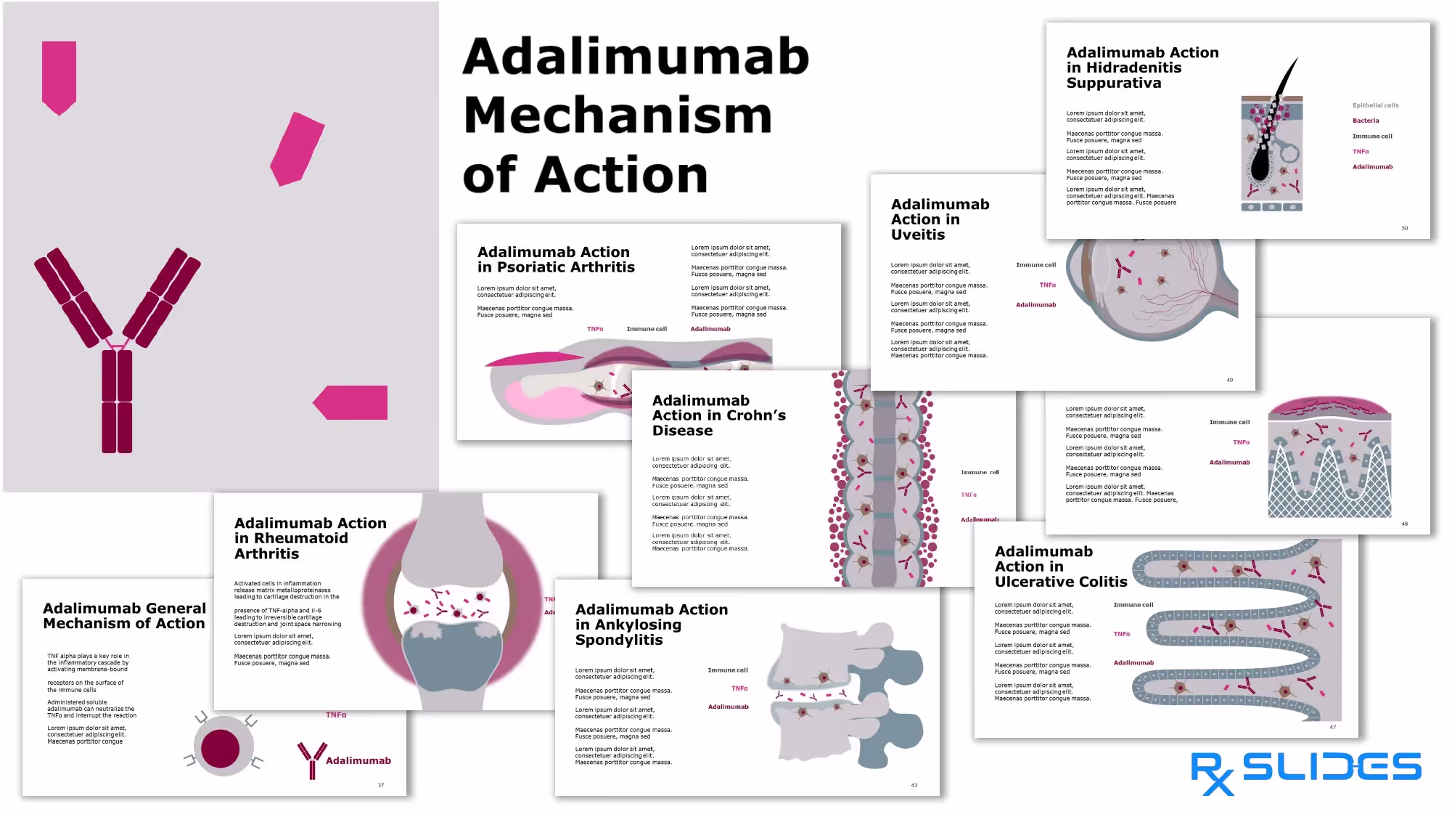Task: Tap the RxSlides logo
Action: point(1305,771)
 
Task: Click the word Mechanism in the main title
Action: point(618,116)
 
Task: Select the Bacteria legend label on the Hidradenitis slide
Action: point(1365,121)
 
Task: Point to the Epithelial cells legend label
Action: point(1375,105)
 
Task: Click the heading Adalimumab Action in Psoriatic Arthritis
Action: point(555,259)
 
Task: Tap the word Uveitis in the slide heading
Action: point(918,235)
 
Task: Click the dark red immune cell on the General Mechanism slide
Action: point(221,749)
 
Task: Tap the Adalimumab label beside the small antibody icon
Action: point(358,760)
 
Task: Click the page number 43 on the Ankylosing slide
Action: point(914,785)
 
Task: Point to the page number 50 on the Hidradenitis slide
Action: point(1404,228)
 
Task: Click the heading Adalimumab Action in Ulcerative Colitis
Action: point(1060,566)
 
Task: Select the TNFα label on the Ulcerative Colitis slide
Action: point(1121,634)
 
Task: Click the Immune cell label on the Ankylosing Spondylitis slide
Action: point(727,670)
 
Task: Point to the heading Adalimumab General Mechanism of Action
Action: point(124,616)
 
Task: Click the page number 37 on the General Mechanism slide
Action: point(380,785)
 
